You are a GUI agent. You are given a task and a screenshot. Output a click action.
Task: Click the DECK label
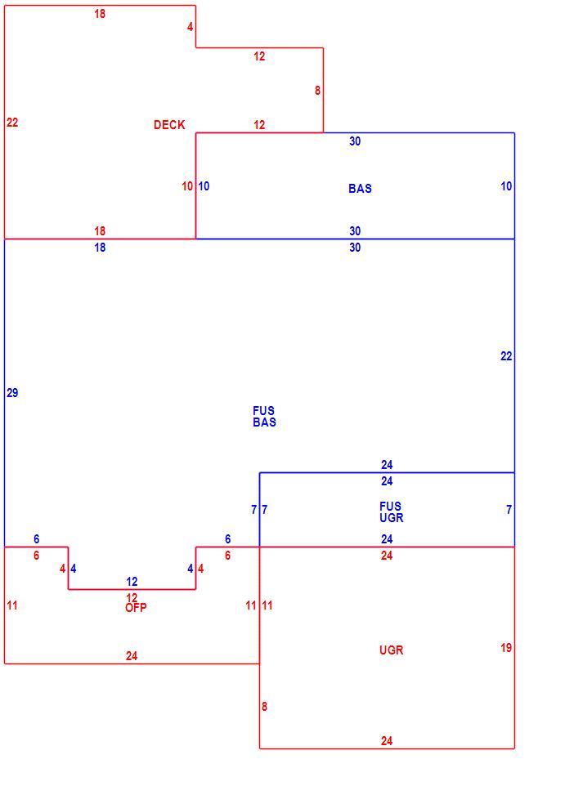[169, 125]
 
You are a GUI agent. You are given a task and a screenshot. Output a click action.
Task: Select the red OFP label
[136, 608]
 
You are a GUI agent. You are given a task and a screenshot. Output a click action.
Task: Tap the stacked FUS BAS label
[264, 416]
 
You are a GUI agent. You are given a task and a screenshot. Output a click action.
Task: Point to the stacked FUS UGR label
[391, 512]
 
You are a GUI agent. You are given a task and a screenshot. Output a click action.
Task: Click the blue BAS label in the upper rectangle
[361, 189]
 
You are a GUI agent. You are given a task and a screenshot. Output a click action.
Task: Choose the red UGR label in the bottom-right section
[391, 650]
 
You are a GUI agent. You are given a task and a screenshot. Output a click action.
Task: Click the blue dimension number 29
[12, 392]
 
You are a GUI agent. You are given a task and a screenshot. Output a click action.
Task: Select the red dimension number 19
[506, 647]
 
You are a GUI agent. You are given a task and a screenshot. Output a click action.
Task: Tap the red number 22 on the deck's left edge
[12, 123]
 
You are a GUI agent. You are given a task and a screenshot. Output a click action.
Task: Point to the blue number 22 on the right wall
[506, 356]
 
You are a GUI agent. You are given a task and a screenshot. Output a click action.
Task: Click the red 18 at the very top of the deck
[100, 14]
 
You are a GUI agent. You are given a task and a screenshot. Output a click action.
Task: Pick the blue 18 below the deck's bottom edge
[100, 248]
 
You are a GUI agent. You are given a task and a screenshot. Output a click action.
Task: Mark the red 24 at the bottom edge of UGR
[387, 741]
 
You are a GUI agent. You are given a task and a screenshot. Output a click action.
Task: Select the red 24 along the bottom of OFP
[132, 656]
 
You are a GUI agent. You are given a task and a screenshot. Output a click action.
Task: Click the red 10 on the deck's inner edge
[187, 186]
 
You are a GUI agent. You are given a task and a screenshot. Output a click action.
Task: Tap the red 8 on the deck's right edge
[317, 90]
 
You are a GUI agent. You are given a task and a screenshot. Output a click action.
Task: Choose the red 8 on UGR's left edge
[264, 706]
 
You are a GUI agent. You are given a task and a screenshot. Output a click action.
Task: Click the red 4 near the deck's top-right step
[191, 26]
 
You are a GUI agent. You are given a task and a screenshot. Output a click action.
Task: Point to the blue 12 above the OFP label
[132, 582]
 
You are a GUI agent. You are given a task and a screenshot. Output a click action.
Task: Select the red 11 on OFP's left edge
[12, 605]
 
